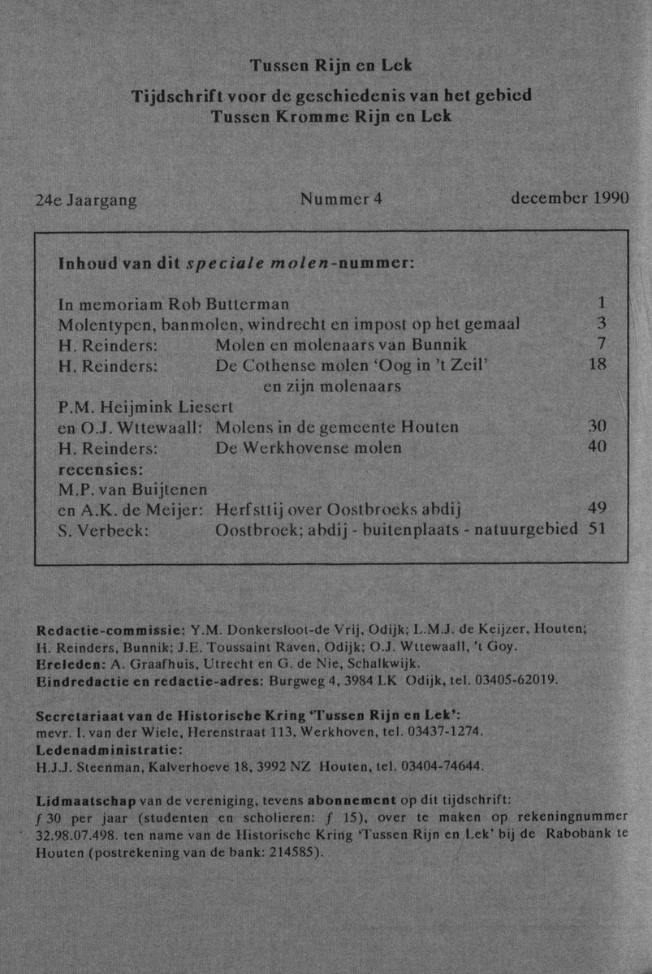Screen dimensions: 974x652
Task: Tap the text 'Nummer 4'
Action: click(340, 199)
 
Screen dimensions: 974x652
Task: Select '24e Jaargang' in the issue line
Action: click(86, 200)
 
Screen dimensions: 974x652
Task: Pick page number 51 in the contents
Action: click(598, 529)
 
